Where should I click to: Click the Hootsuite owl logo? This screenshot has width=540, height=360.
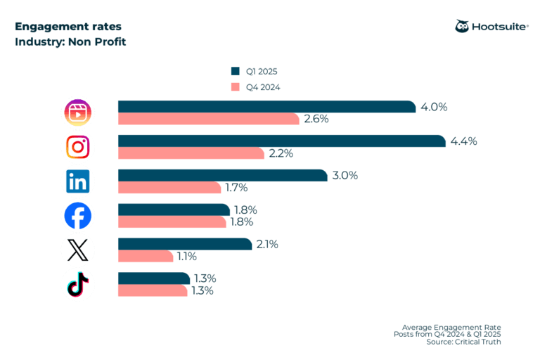pyautogui.click(x=463, y=26)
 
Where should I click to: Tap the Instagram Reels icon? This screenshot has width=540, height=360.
pyautogui.click(x=78, y=112)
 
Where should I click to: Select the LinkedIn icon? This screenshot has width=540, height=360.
pyautogui.click(x=78, y=181)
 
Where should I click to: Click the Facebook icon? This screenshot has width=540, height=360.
pyautogui.click(x=78, y=216)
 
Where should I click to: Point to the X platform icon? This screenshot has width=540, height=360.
pyautogui.click(x=78, y=250)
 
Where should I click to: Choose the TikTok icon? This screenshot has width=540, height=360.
pyautogui.click(x=78, y=284)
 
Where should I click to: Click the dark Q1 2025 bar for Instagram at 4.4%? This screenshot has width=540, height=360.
pyautogui.click(x=281, y=141)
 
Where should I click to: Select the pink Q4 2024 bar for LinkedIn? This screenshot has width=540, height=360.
pyautogui.click(x=169, y=188)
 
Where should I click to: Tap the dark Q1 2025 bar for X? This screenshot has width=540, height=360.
pyautogui.click(x=184, y=244)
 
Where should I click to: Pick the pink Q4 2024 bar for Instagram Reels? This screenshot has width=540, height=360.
pyautogui.click(x=208, y=119)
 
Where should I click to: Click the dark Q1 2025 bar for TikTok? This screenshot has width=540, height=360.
pyautogui.click(x=153, y=278)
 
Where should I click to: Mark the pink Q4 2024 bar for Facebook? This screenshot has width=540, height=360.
pyautogui.click(x=173, y=222)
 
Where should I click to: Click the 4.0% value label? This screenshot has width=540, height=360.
pyautogui.click(x=435, y=107)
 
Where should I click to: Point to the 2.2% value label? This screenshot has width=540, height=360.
pyautogui.click(x=279, y=153)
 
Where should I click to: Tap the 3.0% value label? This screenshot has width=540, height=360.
pyautogui.click(x=345, y=176)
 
